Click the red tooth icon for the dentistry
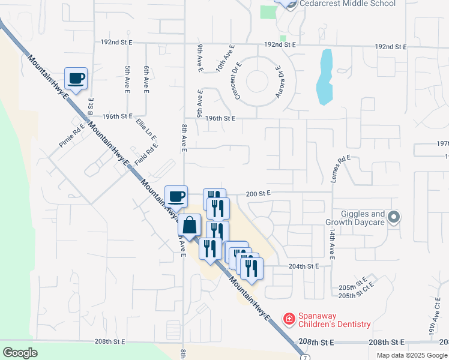tap(289, 317)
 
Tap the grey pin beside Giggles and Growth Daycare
tap(394, 217)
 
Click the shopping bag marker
tap(189, 226)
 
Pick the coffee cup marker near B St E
tap(75, 79)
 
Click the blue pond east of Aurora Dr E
tap(324, 76)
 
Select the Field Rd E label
tap(146, 156)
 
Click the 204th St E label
tap(303, 266)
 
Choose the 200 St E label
tap(259, 193)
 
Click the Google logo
tap(20, 353)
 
